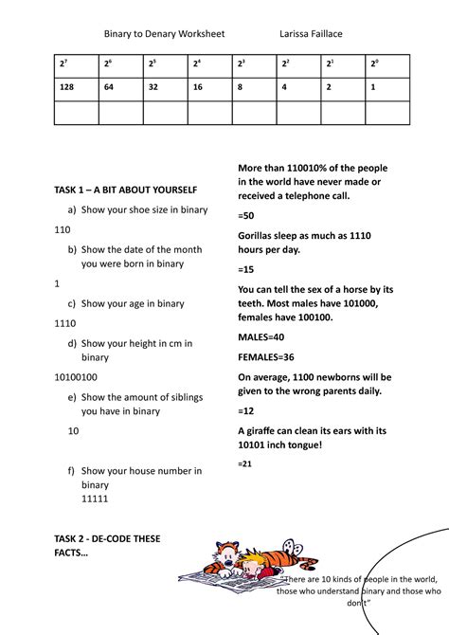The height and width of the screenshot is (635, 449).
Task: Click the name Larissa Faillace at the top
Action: point(311,34)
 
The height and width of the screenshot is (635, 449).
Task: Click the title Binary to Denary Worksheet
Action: point(164,34)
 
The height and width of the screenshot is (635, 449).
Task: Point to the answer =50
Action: point(246,216)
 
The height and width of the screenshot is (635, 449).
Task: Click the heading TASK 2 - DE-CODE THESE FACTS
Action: point(107,545)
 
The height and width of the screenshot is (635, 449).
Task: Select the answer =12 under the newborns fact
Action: point(246,411)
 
